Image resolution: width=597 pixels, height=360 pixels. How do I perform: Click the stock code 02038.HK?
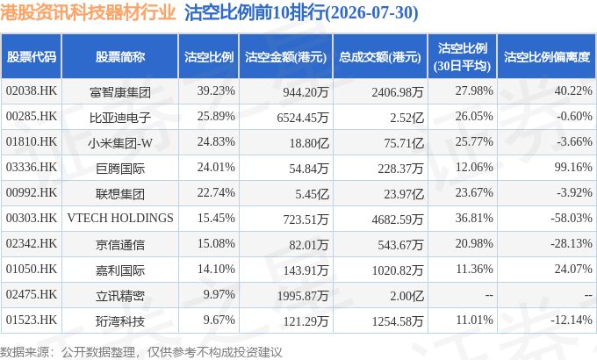click(x=32, y=90)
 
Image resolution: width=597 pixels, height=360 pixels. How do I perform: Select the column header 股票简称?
click(x=120, y=57)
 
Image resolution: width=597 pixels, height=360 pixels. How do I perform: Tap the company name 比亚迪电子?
click(x=120, y=118)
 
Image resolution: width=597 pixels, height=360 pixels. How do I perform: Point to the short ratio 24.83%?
click(x=216, y=141)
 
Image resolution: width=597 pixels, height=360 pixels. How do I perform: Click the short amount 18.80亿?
click(x=308, y=143)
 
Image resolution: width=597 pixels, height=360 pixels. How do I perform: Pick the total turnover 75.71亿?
click(x=404, y=143)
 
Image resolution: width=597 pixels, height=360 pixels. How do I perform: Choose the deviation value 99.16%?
click(x=573, y=167)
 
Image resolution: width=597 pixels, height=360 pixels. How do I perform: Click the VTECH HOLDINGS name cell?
click(x=120, y=218)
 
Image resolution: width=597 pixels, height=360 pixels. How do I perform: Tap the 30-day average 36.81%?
click(x=474, y=218)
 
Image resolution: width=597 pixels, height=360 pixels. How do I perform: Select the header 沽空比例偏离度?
click(x=547, y=57)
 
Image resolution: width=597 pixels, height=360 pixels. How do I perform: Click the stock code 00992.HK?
click(x=32, y=193)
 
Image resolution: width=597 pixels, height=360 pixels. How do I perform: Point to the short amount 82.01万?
click(x=308, y=245)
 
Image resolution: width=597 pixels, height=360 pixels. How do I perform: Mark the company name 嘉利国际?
click(x=120, y=270)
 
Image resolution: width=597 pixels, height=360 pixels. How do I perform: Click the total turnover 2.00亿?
click(x=406, y=296)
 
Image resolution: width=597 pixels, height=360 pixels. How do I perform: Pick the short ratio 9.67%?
click(x=219, y=320)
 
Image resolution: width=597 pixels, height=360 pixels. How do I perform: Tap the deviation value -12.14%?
click(x=572, y=320)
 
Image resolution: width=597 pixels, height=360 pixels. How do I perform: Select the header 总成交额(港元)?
click(x=380, y=57)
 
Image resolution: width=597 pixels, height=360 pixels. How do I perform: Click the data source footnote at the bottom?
click(x=141, y=352)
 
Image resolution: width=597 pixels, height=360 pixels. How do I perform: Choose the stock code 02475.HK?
click(x=32, y=294)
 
